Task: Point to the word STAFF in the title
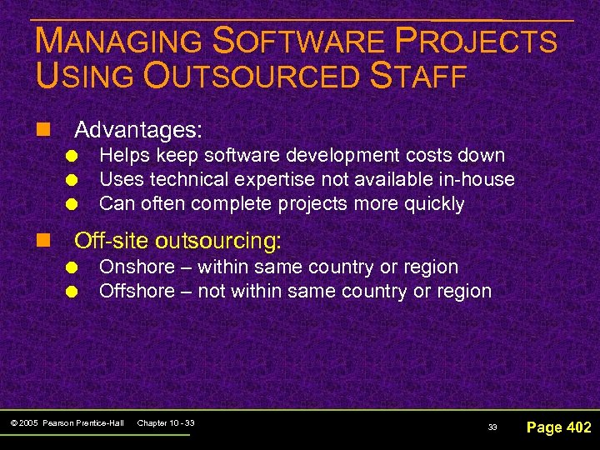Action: pos(419,76)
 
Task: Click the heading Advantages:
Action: pos(139,130)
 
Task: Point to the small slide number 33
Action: pos(492,427)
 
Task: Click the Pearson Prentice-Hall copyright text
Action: pos(68,423)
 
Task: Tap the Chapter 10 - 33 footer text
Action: pos(166,423)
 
